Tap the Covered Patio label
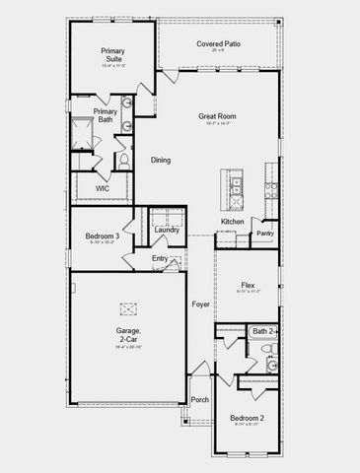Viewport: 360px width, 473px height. click(219, 44)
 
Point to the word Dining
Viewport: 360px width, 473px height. click(162, 160)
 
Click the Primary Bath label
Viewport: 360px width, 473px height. click(105, 115)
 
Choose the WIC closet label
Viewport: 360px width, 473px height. click(102, 187)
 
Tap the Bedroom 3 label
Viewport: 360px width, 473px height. click(102, 236)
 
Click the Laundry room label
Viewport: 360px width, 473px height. click(167, 230)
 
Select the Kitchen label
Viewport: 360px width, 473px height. click(232, 222)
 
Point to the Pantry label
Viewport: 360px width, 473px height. click(264, 234)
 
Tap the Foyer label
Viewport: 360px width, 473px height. click(201, 304)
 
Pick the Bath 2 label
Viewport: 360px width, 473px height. click(261, 331)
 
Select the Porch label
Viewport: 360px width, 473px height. click(200, 399)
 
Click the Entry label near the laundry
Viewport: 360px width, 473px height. click(160, 258)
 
